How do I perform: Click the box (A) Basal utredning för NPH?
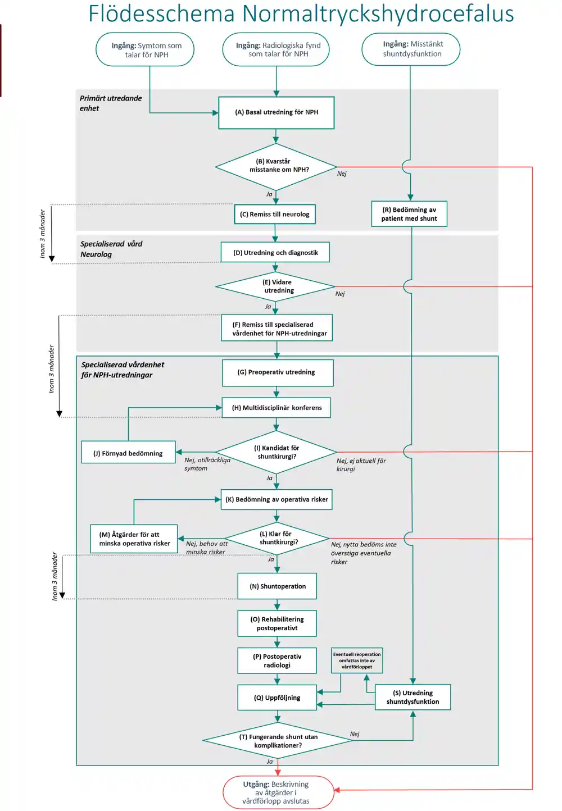point(276,112)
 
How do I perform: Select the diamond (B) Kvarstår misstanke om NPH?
point(276,167)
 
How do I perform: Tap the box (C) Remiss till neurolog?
point(275,214)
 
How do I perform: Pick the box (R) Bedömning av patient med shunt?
point(409,214)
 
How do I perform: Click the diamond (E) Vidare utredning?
point(275,286)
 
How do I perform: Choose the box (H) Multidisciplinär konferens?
point(276,408)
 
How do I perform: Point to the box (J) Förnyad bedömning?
point(128,452)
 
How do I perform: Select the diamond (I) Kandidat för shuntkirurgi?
point(276,452)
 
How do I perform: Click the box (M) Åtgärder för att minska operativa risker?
point(134,539)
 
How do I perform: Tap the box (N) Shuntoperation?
point(277,586)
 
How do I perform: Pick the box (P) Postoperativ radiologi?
point(277,660)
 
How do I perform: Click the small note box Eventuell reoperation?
point(357,660)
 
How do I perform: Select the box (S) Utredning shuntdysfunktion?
point(413,697)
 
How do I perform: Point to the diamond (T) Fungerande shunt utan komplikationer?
point(278,740)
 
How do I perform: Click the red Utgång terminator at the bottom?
point(278,792)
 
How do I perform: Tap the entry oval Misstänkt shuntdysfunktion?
point(411,49)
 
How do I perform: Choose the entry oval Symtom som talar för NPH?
point(145,49)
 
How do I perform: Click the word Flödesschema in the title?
point(162,13)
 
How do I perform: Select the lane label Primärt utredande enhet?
point(111,103)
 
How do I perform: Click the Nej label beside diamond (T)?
point(355,734)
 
